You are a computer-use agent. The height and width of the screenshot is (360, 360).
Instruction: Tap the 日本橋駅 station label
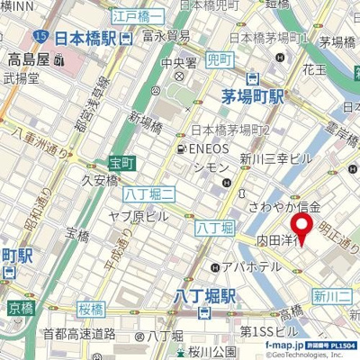85,39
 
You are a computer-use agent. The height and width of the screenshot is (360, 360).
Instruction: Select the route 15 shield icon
42,35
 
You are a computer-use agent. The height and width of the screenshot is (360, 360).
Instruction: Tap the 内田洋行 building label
274,241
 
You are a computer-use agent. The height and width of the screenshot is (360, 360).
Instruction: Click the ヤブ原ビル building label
139,216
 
